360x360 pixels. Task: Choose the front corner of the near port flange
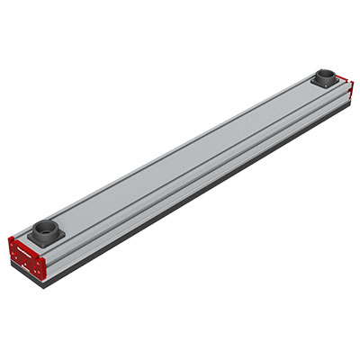point(45,247)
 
